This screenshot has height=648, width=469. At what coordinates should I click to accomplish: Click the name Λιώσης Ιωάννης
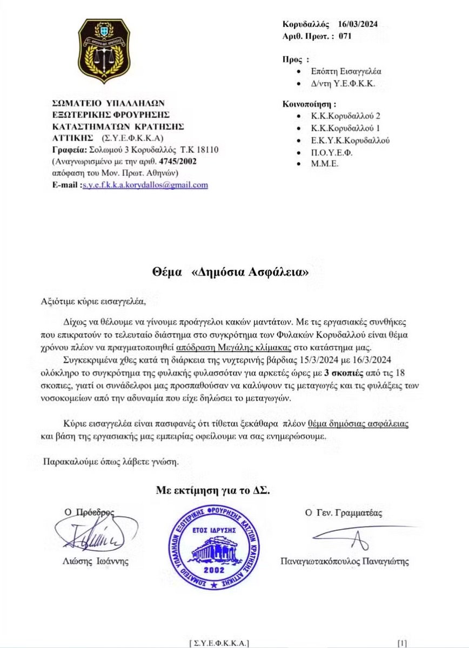(95, 562)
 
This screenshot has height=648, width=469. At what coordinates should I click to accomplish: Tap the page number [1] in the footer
(401, 643)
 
